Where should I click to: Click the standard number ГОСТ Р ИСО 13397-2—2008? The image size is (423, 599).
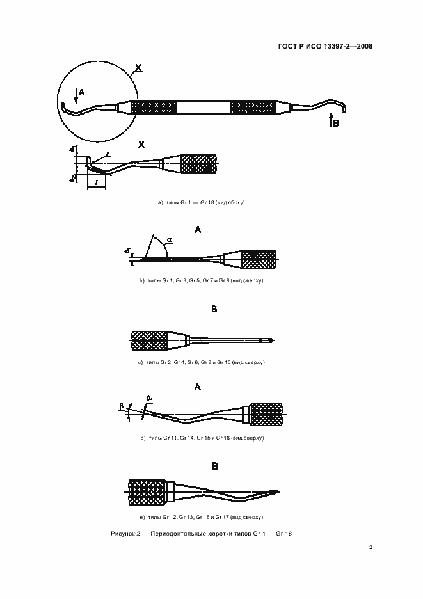(x=326, y=46)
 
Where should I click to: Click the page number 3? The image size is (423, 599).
(x=371, y=547)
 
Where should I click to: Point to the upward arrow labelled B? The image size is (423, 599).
(x=330, y=118)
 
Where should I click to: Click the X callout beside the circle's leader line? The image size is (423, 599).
(x=139, y=67)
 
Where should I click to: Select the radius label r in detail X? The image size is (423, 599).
(x=108, y=154)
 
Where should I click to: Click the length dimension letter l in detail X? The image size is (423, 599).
(x=95, y=183)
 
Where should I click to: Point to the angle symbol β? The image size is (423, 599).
(x=120, y=406)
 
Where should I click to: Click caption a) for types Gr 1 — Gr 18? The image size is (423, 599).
(x=202, y=202)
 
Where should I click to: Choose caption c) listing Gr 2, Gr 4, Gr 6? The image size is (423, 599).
(x=202, y=362)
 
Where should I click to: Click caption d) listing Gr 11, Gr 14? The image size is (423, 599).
(x=202, y=438)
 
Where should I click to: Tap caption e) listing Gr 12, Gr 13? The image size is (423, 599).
(x=202, y=516)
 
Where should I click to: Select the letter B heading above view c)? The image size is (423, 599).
(x=214, y=309)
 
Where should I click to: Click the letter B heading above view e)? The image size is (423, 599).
(x=214, y=466)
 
